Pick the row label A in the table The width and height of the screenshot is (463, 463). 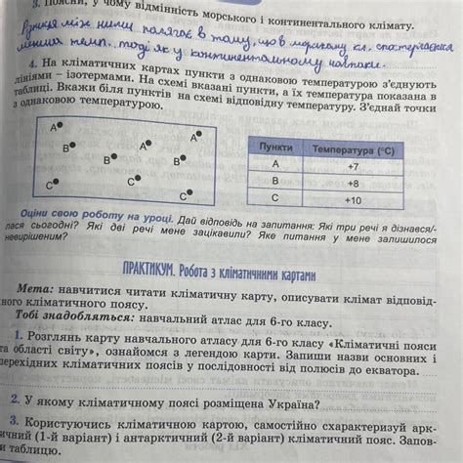point(274,164)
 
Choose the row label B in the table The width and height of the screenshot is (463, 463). point(274,181)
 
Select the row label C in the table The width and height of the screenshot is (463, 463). point(274,197)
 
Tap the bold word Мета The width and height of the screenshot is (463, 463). point(38,290)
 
